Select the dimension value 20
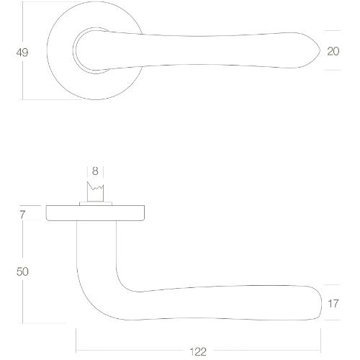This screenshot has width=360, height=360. click(333, 51)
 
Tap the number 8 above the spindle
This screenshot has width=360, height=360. click(96, 171)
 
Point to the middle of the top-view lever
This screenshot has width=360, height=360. click(209, 51)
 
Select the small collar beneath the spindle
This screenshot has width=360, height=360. click(96, 203)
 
